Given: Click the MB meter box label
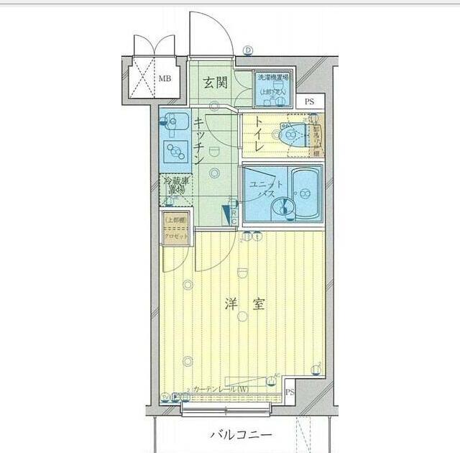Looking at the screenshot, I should [x=165, y=78].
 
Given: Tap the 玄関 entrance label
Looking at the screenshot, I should [x=215, y=83].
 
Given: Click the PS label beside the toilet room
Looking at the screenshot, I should [x=309, y=102].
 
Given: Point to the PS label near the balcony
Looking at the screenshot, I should [x=290, y=392].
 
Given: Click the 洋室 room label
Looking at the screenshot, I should [x=244, y=304].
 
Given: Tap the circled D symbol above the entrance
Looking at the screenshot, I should [x=248, y=51].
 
